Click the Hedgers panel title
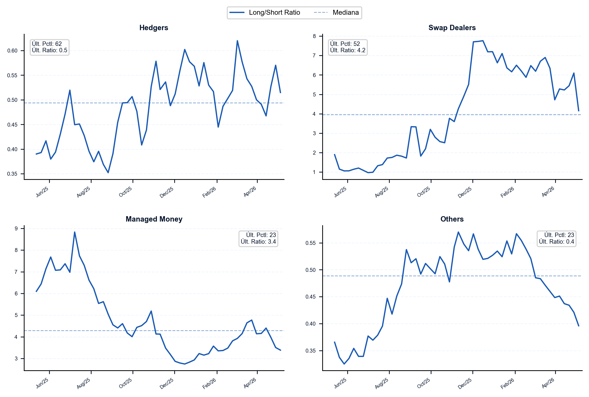pyautogui.click(x=154, y=27)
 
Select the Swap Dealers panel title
pyautogui.click(x=452, y=27)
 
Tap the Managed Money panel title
pyautogui.click(x=154, y=219)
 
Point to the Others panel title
pyautogui.click(x=452, y=219)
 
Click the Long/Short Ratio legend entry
pyautogui.click(x=265, y=13)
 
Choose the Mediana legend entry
pyautogui.click(x=336, y=13)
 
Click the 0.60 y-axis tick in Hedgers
pyautogui.click(x=13, y=51)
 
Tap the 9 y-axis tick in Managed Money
pyautogui.click(x=16, y=229)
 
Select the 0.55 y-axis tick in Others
pyautogui.click(x=310, y=243)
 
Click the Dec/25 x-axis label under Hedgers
pyautogui.click(x=166, y=192)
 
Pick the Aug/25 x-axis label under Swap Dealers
pyautogui.click(x=381, y=192)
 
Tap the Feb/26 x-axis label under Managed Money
pyautogui.click(x=209, y=384)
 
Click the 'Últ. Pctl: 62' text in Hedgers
pyautogui.click(x=47, y=44)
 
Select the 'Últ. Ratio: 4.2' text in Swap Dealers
pyautogui.click(x=348, y=50)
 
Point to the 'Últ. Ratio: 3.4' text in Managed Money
pyautogui.click(x=258, y=241)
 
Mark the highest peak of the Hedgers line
pyautogui.click(x=237, y=41)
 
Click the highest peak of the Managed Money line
pyautogui.click(x=74, y=232)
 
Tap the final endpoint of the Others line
pyautogui.click(x=579, y=326)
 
